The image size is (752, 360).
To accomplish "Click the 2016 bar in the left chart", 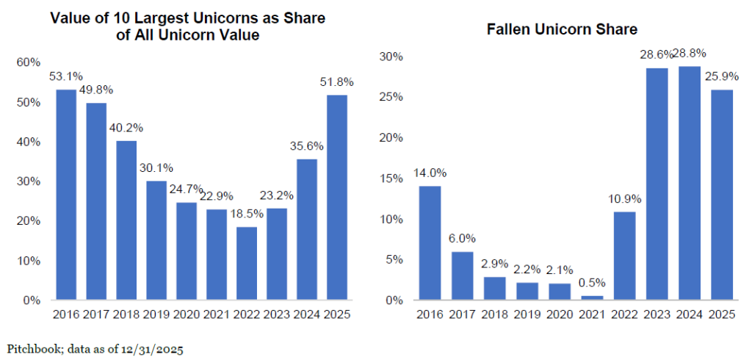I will tap(66, 195).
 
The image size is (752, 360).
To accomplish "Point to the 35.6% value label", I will tap(305, 145).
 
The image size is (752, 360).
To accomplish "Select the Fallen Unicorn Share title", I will tap(562, 30).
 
